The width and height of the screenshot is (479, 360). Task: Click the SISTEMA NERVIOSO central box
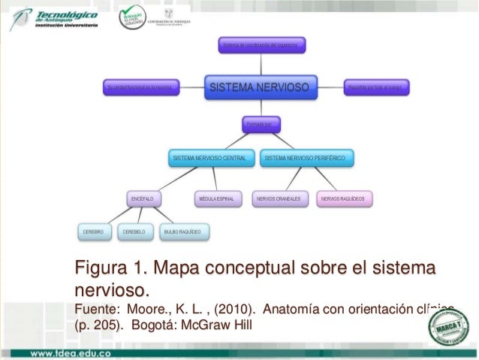click(x=258, y=88)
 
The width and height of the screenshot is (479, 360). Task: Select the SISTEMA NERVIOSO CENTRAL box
click(x=209, y=159)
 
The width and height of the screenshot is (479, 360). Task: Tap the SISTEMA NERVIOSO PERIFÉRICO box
click(x=306, y=159)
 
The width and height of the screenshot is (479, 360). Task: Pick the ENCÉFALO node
click(x=143, y=199)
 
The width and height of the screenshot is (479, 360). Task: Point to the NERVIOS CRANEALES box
click(x=279, y=199)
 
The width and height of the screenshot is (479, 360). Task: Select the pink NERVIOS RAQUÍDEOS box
click(x=343, y=199)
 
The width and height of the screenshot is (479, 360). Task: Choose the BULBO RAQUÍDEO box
click(x=182, y=232)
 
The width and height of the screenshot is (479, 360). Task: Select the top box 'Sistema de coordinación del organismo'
click(x=263, y=46)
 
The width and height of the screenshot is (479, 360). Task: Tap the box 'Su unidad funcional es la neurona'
click(x=143, y=88)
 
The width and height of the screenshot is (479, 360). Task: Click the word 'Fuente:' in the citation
click(x=96, y=309)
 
